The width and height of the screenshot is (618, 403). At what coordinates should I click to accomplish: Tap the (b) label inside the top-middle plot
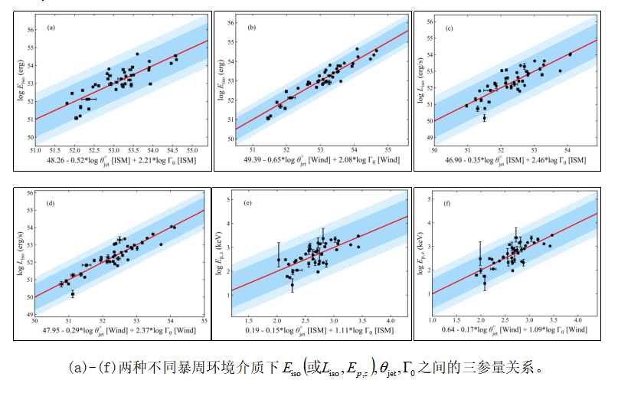tap(253, 28)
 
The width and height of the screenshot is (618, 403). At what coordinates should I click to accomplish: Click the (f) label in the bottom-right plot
tap(450, 205)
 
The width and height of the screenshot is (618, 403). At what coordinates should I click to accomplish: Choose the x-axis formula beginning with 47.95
tap(121, 330)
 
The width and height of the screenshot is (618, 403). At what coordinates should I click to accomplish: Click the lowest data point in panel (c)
tap(484, 118)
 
